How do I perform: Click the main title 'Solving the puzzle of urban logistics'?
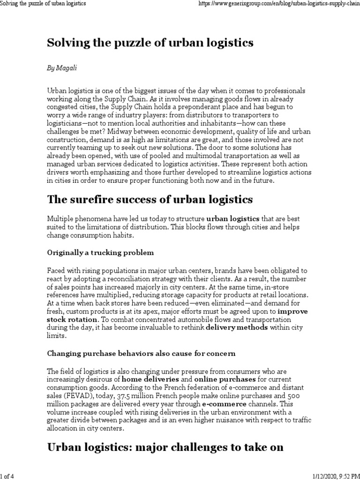(x=150, y=43)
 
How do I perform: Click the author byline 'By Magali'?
(x=62, y=68)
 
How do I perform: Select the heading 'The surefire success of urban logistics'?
(x=150, y=200)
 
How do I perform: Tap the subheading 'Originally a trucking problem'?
(x=100, y=253)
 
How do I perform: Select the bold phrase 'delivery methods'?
(x=237, y=328)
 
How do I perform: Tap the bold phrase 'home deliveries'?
(x=150, y=379)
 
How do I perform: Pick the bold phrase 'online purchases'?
(x=225, y=379)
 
